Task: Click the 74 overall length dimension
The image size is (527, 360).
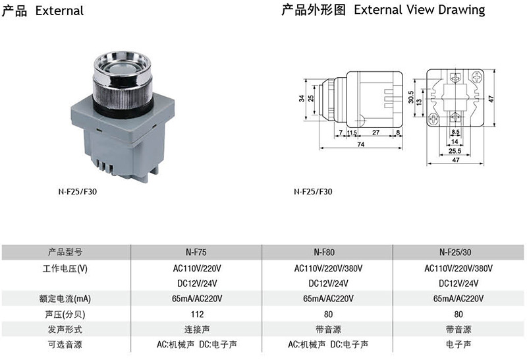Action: pyautogui.click(x=360, y=144)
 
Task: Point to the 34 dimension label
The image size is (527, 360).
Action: pyautogui.click(x=302, y=98)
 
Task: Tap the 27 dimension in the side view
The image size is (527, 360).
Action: pyautogui.click(x=375, y=133)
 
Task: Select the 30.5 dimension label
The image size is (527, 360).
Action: pyautogui.click(x=410, y=97)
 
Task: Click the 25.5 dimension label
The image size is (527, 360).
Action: pyautogui.click(x=455, y=151)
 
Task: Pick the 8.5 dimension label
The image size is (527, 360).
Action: pyautogui.click(x=455, y=132)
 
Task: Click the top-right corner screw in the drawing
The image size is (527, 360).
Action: pyautogui.click(x=476, y=77)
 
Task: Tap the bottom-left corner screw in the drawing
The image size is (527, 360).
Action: pyautogui.click(x=433, y=119)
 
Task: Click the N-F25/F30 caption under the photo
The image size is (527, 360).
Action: pyautogui.click(x=77, y=192)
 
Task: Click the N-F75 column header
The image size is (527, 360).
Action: pyautogui.click(x=196, y=252)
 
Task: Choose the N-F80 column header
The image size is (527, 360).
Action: pyautogui.click(x=324, y=252)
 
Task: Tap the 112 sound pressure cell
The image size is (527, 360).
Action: pyautogui.click(x=197, y=315)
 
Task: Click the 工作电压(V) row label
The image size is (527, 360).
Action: pyautogui.click(x=65, y=268)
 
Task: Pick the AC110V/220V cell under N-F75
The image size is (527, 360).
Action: pyautogui.click(x=197, y=268)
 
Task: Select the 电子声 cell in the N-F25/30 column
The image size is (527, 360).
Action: pyautogui.click(x=458, y=345)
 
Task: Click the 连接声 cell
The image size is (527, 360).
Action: pyautogui.click(x=197, y=330)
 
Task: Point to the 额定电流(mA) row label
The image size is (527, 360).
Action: pyautogui.click(x=65, y=299)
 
